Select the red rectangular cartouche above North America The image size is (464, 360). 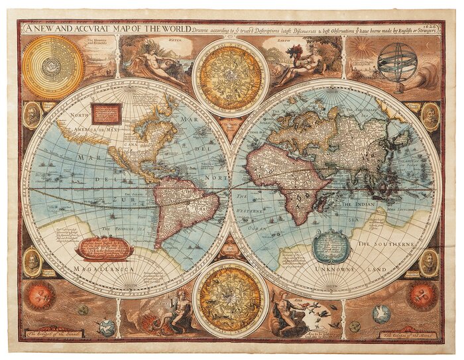[x=107, y=113]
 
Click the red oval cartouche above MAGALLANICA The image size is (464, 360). [x=104, y=248]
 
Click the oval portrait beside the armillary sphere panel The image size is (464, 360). [x=430, y=116]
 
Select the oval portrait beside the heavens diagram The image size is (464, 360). [x=32, y=116]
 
